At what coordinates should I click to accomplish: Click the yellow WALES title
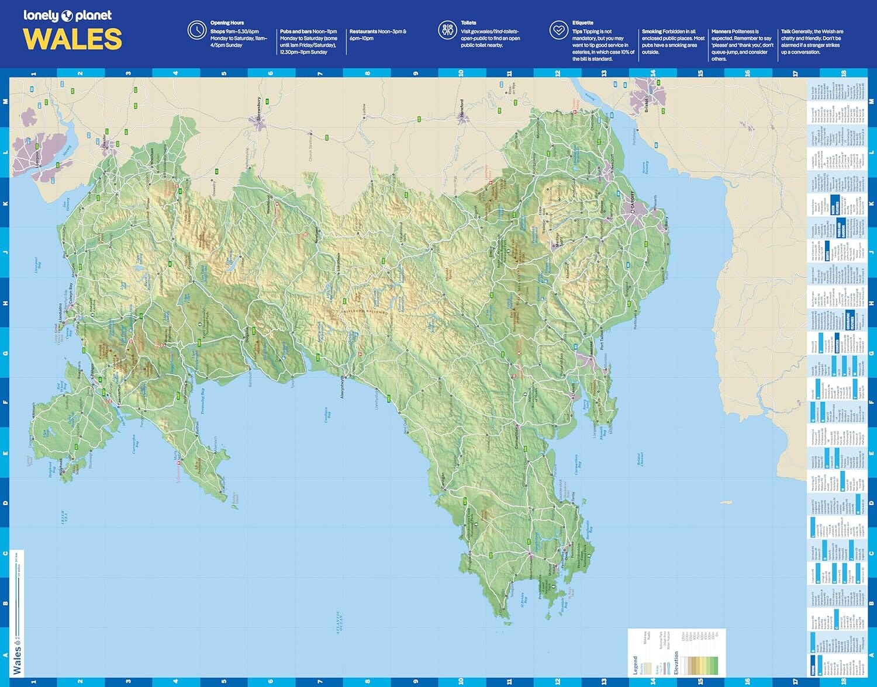[x=72, y=39]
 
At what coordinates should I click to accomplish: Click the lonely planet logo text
[x=67, y=15]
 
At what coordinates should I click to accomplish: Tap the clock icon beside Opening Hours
[x=196, y=30]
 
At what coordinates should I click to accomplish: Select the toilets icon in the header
[x=448, y=30]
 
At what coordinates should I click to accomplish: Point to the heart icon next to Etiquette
[x=559, y=30]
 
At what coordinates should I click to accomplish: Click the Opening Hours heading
[x=227, y=23]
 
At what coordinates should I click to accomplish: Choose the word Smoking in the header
[x=651, y=32]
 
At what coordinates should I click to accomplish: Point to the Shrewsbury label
[x=259, y=109]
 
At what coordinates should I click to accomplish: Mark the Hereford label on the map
[x=461, y=109]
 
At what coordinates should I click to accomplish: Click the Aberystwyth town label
[x=343, y=388]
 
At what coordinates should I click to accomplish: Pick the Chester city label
[x=105, y=141]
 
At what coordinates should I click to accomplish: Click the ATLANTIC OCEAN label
[x=338, y=622]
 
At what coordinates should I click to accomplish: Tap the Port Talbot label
[x=602, y=339]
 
